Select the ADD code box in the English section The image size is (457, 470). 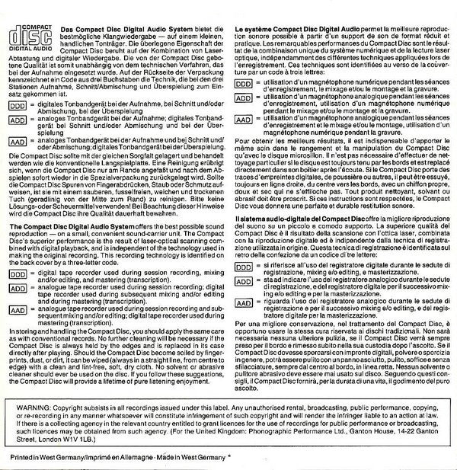tap(17, 289)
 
